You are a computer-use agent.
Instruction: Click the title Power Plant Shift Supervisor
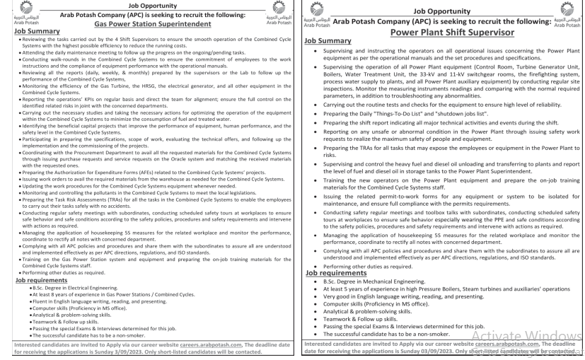click(441, 32)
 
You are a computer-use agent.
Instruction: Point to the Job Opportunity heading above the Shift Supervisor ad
click(441, 11)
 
